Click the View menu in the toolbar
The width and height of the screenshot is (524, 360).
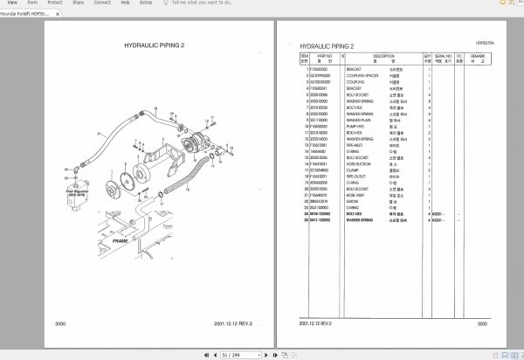12,3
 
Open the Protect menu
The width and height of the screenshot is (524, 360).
56,3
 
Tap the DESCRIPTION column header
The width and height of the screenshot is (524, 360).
383,55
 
